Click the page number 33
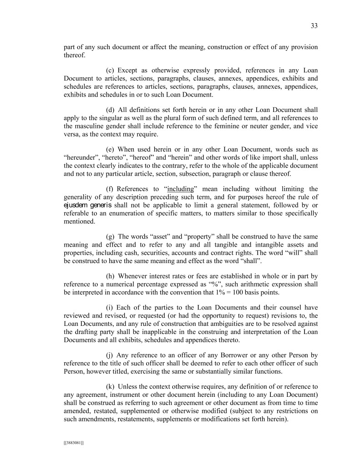click(314, 26)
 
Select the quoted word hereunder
click(79, 157)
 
